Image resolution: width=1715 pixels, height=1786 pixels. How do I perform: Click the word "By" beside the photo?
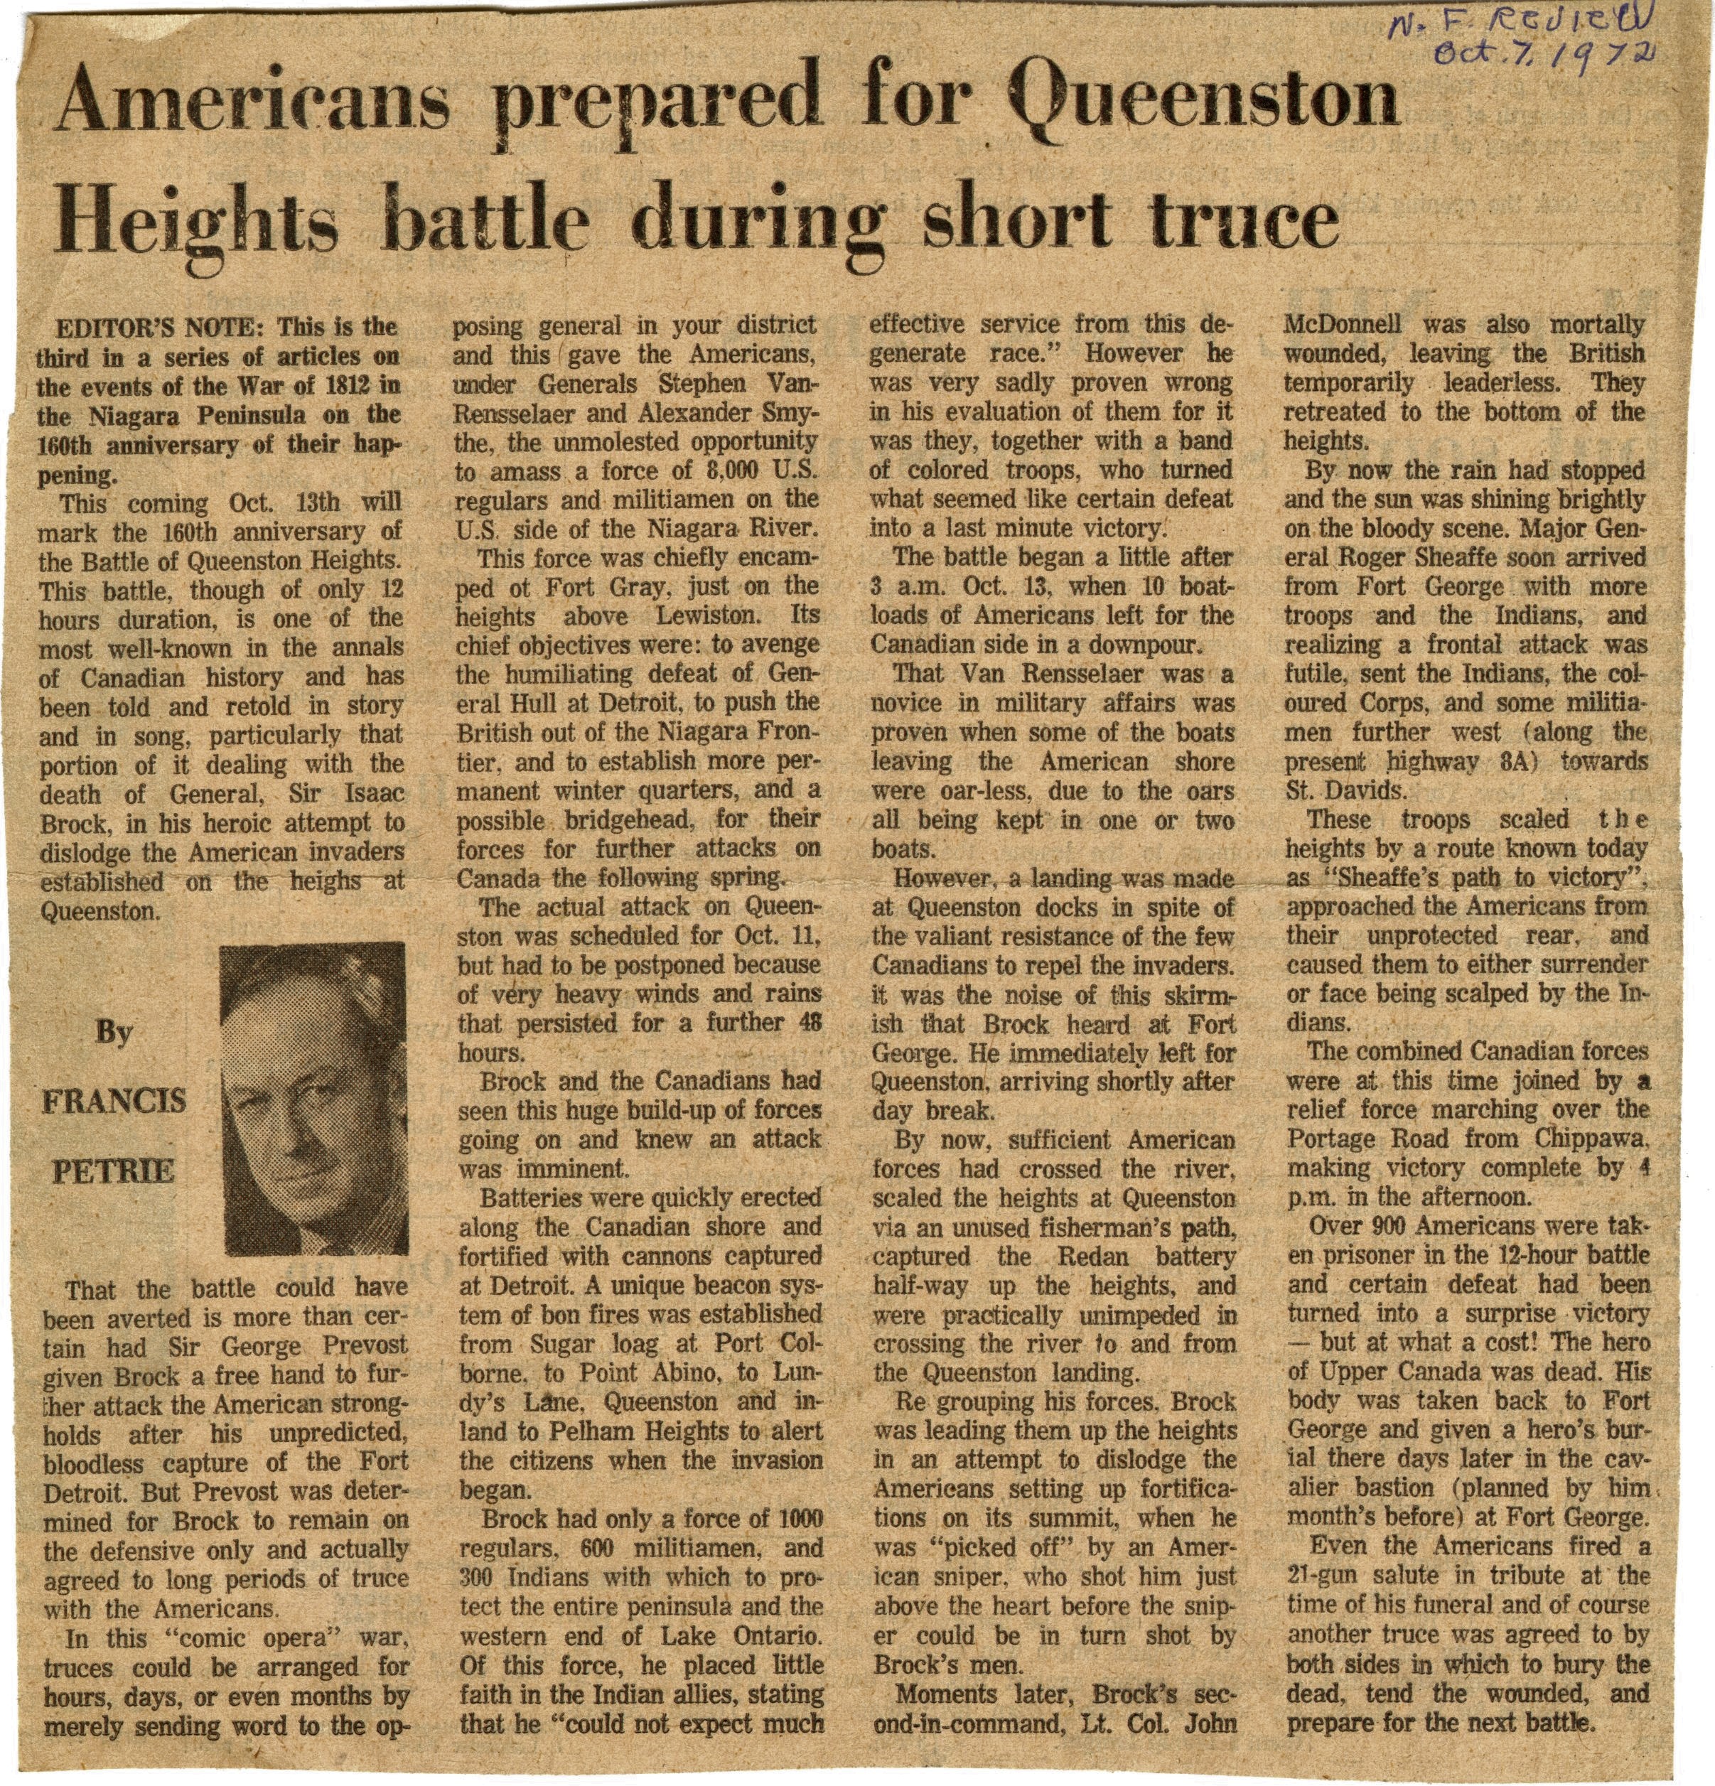[x=113, y=1033]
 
